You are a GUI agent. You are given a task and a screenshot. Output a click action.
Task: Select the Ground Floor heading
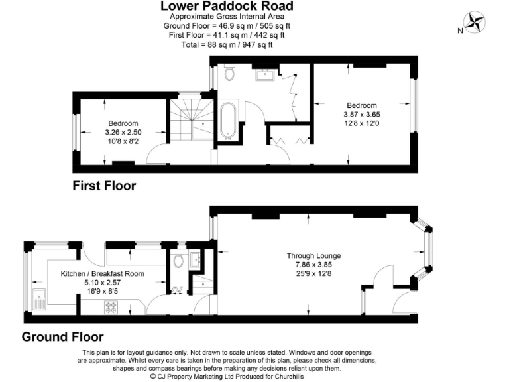tap(63, 336)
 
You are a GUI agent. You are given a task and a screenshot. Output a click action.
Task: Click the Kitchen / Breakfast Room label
tap(103, 273)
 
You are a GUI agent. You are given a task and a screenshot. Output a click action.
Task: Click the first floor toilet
tap(229, 73)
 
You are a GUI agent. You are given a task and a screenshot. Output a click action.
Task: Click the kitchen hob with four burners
tap(111, 306)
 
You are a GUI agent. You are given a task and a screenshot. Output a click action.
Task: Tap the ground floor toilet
tap(177, 261)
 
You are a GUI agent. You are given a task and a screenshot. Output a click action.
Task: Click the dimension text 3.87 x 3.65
tap(362, 114)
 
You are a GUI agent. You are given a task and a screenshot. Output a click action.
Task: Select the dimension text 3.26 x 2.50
tap(123, 132)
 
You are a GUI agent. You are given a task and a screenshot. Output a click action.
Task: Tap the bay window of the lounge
tap(424, 252)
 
